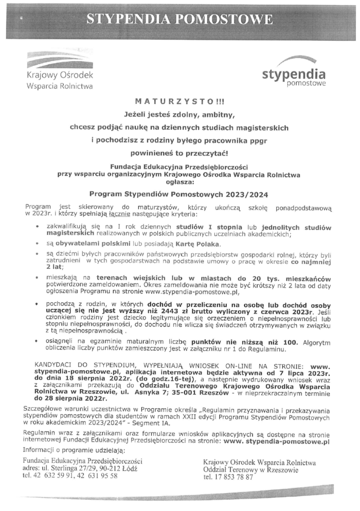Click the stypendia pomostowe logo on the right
coord(294,75)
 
